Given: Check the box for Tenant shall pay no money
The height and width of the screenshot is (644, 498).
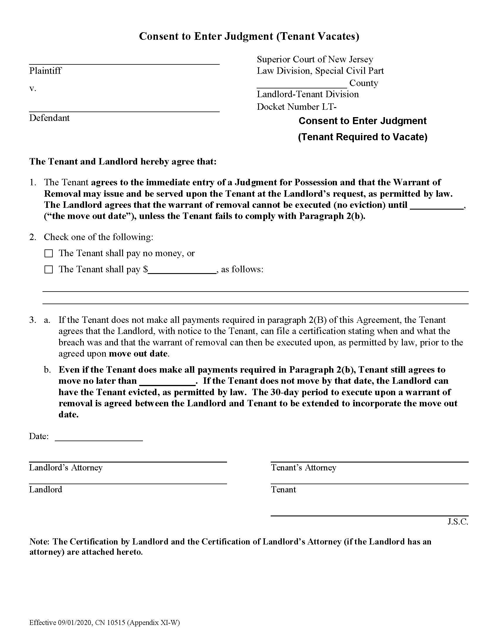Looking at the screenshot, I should click(x=48, y=253).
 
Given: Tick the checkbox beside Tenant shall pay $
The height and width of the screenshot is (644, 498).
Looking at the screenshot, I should click(x=48, y=270).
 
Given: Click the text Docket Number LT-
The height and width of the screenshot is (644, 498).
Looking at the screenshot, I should click(x=296, y=107).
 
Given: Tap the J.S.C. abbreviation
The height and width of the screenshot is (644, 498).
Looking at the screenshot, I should click(x=458, y=522).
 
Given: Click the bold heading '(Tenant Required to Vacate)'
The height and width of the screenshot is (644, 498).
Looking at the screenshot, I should click(x=363, y=137).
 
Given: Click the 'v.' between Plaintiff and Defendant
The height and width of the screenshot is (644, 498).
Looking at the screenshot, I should click(x=33, y=88).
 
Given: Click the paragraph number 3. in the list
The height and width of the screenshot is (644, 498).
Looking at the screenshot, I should click(x=33, y=320).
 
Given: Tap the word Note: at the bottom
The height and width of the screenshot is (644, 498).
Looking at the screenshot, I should click(x=40, y=542).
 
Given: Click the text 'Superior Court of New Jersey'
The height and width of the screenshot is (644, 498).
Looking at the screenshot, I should click(x=315, y=59).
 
